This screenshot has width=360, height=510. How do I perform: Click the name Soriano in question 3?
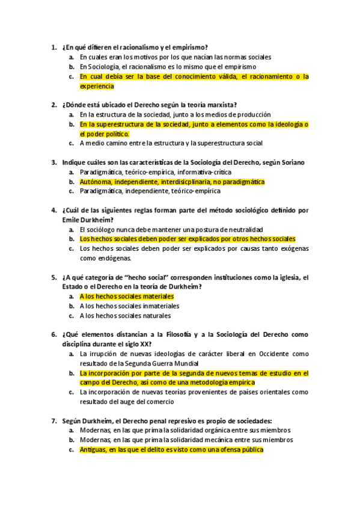tap(292, 162)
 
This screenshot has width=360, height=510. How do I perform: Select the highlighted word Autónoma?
tap(94, 182)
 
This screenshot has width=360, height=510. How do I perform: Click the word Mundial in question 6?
tap(182, 364)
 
